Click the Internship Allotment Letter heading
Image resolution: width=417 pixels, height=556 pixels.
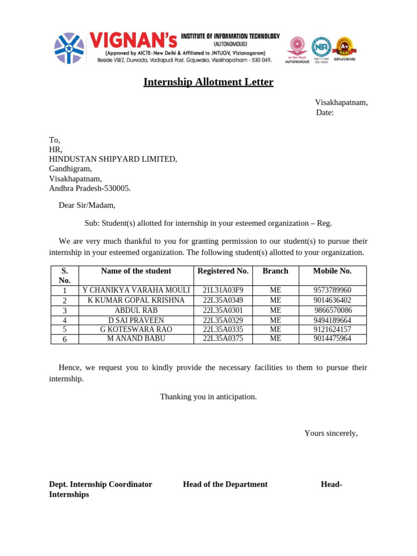208,82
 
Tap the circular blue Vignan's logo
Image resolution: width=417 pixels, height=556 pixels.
69,48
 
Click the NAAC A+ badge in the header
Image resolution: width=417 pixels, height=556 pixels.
344,47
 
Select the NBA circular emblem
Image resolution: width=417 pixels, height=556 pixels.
321,48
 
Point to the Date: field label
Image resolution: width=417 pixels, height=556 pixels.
325,112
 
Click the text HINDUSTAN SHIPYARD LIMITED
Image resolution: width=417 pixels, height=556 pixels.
113,159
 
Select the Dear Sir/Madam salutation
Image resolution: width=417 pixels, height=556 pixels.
87,205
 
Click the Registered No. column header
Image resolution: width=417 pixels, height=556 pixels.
223,271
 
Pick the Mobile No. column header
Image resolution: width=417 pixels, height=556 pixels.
332,271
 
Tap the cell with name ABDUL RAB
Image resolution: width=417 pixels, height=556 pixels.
136,311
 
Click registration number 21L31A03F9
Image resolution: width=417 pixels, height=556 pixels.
223,290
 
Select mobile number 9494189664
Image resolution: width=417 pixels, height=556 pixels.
332,320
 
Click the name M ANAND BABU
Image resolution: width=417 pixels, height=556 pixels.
136,339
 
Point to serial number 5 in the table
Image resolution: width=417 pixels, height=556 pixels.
65,330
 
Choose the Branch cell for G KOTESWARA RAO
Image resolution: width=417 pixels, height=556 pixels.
275,330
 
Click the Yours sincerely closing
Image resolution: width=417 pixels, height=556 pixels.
331,433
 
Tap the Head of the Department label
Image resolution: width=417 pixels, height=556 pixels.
225,484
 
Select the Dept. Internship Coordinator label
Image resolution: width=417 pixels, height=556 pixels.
100,484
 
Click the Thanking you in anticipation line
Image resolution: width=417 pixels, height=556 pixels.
208,397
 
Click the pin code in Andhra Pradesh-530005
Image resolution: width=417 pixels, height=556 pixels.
116,188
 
